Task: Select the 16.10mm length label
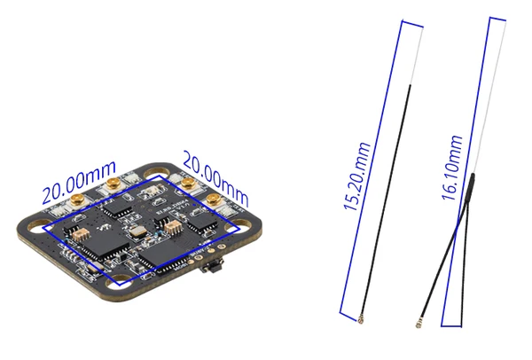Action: tap(455, 168)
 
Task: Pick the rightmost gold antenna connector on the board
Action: tap(215, 198)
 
